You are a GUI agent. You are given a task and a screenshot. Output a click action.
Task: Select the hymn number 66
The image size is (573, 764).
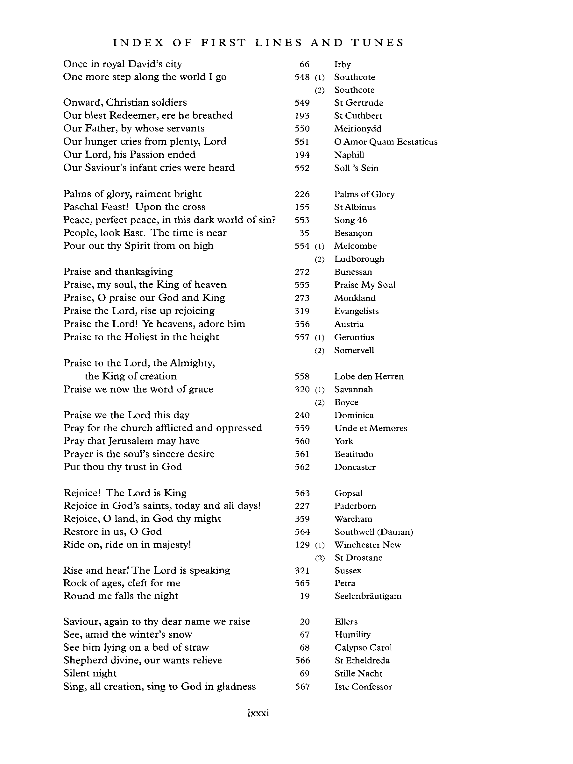tap(304, 65)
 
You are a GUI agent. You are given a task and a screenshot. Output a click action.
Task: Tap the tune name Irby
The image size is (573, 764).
tap(342, 65)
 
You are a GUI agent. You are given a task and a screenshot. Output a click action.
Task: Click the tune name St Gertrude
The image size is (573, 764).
tap(358, 103)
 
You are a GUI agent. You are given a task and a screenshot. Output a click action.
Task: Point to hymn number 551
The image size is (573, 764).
tap(302, 142)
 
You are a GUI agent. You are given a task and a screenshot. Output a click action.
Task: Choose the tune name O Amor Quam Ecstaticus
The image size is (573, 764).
tap(386, 142)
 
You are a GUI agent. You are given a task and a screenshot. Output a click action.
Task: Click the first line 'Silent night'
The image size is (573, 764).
tap(90, 674)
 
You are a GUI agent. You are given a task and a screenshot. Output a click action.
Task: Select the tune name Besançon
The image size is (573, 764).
tap(353, 233)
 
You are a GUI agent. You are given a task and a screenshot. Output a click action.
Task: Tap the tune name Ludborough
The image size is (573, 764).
tap(359, 259)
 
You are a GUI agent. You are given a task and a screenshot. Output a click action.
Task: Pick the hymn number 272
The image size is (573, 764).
tap(302, 272)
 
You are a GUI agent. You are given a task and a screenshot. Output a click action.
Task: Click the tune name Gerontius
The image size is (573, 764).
tap(354, 337)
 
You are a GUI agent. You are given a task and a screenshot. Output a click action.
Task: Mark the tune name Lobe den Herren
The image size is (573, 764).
tap(369, 377)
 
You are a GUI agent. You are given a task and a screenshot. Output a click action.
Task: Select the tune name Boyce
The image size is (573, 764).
tap(346, 402)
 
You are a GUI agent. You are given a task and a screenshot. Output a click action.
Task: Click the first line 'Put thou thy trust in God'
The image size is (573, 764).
tap(123, 467)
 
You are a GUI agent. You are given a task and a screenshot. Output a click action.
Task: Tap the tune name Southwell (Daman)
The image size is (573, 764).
tap(374, 532)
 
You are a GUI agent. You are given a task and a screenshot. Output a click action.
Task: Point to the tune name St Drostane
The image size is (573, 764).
tap(358, 558)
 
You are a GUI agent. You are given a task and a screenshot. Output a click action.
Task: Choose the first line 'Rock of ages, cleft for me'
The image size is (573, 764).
tap(122, 584)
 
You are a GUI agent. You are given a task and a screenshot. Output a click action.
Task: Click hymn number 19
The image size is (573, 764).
tap(304, 596)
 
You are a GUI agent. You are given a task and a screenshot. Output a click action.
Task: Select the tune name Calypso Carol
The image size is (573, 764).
tap(363, 647)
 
